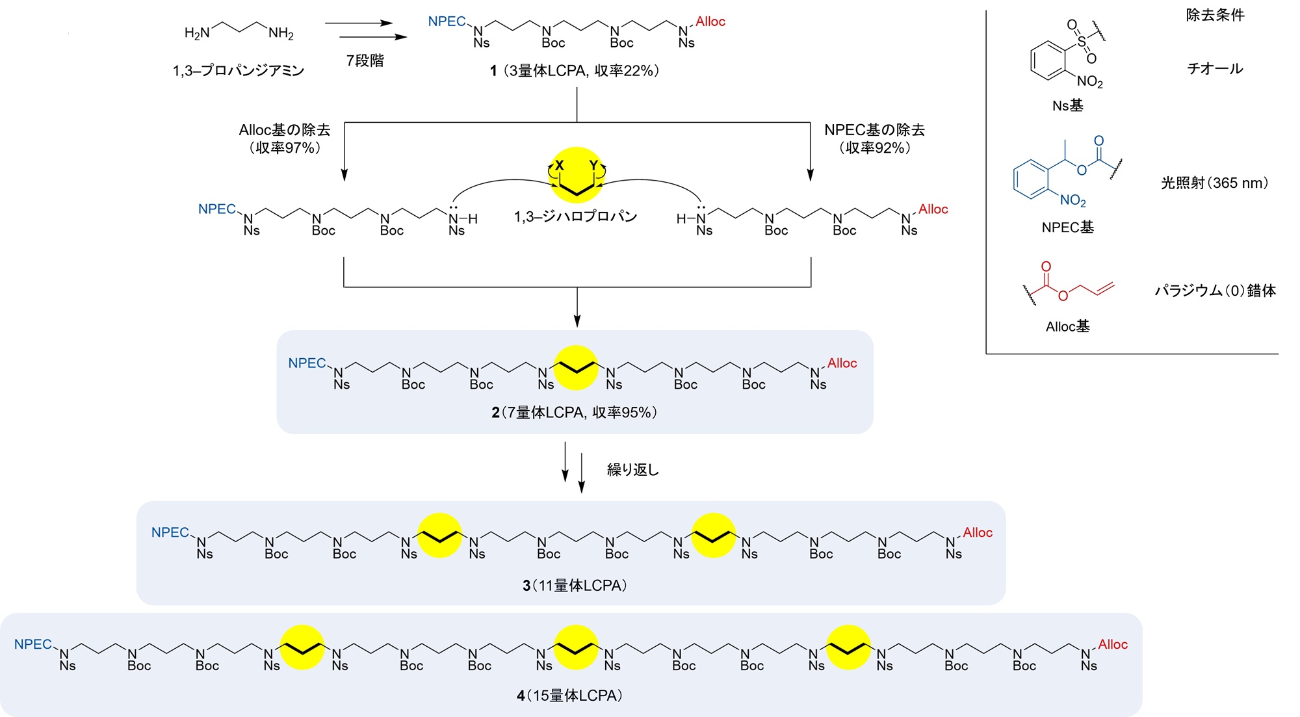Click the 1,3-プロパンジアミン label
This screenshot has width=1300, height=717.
[238, 70]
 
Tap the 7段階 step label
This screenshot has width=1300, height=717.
[365, 60]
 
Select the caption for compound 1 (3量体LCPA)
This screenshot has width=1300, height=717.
[575, 70]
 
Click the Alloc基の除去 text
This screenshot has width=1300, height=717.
[285, 130]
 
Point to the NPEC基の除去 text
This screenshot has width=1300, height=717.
[874, 130]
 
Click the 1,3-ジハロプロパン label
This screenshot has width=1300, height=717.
[575, 216]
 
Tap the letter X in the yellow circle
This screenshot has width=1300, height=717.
[559, 166]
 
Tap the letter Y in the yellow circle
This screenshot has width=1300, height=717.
[593, 166]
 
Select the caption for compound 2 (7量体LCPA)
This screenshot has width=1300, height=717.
[575, 412]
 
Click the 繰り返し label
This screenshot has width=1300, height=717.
[632, 469]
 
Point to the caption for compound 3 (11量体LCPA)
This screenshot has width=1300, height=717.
[575, 586]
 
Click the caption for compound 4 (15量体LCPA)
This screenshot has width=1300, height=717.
[570, 696]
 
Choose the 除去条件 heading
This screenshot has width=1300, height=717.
[1215, 15]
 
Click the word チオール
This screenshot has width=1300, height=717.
[1215, 68]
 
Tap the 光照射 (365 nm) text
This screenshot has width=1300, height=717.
[1214, 183]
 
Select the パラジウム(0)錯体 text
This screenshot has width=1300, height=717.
[1215, 291]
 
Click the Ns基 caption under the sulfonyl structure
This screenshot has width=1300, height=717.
[1067, 105]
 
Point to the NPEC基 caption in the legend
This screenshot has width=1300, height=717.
[1067, 227]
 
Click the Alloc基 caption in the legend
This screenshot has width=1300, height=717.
[1067, 326]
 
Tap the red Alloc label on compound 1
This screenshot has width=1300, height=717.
[710, 21]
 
